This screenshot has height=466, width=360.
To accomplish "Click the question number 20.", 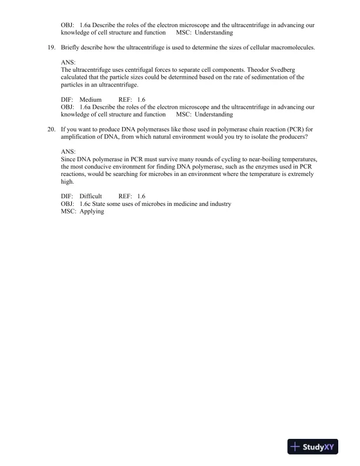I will point(52,128).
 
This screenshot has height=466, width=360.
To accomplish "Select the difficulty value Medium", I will point(91,100).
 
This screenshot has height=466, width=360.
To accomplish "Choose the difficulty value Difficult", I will point(91,196).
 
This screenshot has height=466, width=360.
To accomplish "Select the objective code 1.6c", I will point(86,204).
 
